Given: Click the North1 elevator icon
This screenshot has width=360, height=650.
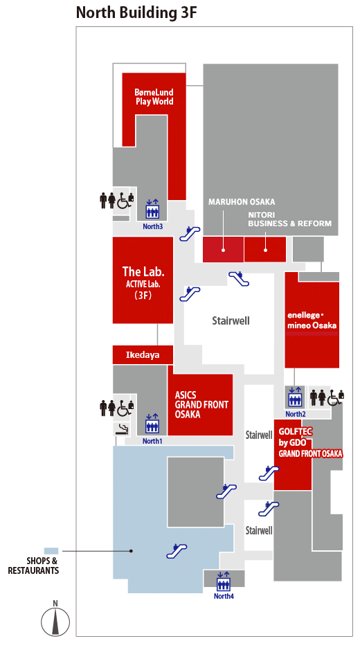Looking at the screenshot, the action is click(x=152, y=424).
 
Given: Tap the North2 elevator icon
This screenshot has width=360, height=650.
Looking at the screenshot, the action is click(x=296, y=397).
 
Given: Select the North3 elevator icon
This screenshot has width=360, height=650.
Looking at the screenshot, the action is click(x=152, y=210).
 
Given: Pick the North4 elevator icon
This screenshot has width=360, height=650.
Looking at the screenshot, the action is click(x=224, y=581).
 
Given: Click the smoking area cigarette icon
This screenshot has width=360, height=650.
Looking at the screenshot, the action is click(x=121, y=429).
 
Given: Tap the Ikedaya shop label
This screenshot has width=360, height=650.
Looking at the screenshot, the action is click(x=142, y=355).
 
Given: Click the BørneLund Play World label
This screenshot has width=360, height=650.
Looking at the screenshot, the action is click(x=154, y=97).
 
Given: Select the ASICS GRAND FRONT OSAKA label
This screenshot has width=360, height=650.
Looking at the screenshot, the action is click(x=201, y=404).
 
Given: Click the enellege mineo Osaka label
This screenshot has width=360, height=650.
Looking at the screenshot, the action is click(x=312, y=320).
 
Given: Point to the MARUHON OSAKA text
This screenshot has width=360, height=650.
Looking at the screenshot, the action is click(x=242, y=202).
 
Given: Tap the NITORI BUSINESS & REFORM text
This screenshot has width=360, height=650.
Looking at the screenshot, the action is click(x=289, y=219).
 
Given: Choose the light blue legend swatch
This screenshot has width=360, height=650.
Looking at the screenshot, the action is click(x=51, y=551).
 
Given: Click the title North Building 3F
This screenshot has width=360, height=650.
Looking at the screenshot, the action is click(x=136, y=12).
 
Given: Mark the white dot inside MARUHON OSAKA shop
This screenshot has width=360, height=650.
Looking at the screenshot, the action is click(x=223, y=250).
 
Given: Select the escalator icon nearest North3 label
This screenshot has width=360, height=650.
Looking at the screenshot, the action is click(x=190, y=233).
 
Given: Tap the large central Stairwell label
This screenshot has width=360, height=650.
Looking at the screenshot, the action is click(x=231, y=321).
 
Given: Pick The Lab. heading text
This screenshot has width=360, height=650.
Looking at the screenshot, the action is click(x=143, y=271).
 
